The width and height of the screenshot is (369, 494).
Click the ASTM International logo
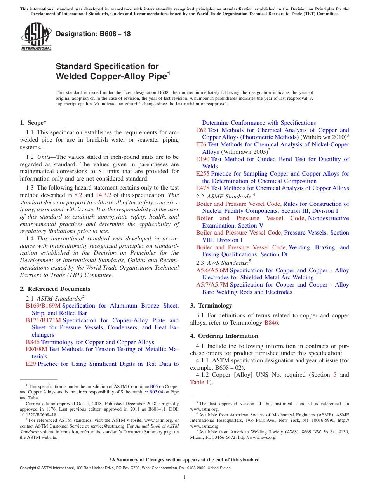pos(36,37)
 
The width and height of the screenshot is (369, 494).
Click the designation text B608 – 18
pos(93,34)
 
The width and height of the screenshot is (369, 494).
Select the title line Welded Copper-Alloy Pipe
pos(113,77)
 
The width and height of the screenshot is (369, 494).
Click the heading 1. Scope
pos(33,123)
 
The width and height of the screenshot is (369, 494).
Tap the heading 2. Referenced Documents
pos(55,289)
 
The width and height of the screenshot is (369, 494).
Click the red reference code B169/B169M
pos(43,306)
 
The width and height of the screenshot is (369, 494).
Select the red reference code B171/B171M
pos(44,320)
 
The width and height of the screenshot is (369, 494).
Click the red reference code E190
pos(203,159)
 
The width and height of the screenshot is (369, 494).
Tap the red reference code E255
pos(203,174)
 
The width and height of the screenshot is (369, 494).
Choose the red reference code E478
pos(203,188)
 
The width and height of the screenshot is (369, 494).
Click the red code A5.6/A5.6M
pos(212,270)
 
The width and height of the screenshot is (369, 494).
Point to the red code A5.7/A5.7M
pos(212,285)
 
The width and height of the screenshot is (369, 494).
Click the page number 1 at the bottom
pos(184,477)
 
